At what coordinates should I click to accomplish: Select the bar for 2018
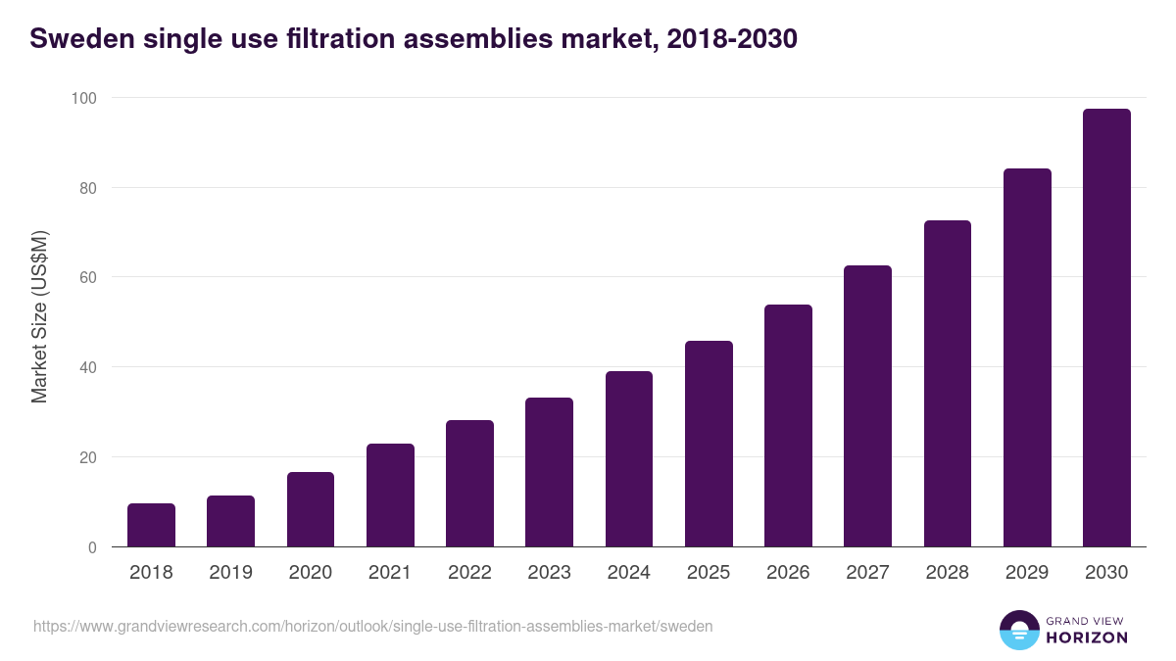click(151, 526)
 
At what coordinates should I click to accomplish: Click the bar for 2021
click(390, 496)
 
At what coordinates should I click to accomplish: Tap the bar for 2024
click(629, 459)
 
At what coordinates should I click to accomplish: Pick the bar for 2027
click(867, 406)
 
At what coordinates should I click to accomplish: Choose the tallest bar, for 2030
click(1106, 328)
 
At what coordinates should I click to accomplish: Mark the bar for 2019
click(230, 522)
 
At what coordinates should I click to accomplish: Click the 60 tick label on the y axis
click(87, 277)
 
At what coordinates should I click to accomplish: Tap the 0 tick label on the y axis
click(92, 547)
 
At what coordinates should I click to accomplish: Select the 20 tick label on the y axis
click(87, 457)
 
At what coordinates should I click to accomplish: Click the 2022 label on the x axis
click(469, 573)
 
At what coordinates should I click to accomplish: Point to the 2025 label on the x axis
click(709, 573)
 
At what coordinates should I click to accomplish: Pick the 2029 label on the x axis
click(1027, 573)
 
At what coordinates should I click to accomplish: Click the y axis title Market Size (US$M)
click(40, 316)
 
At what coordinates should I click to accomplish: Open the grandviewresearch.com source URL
click(372, 626)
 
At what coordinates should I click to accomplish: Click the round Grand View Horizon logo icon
click(1019, 630)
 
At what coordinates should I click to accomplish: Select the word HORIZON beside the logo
click(1087, 637)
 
